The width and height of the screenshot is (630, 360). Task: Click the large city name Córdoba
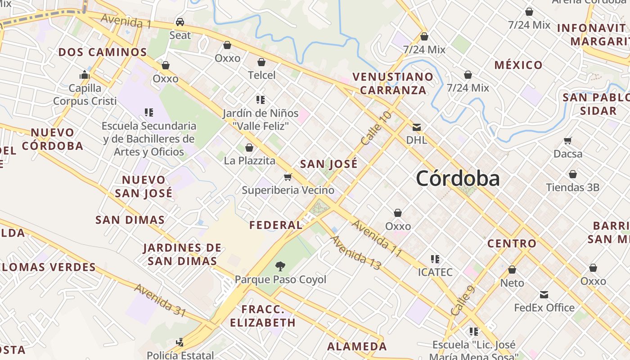[458, 179]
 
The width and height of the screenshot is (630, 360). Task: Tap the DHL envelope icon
[417, 127]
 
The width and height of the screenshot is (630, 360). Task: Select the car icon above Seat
[180, 22]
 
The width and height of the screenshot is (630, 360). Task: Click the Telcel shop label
[261, 75]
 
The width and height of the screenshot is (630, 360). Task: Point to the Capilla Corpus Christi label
[85, 94]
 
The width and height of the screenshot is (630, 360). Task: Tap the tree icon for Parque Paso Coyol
[280, 266]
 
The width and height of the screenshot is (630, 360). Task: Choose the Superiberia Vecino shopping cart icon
[288, 177]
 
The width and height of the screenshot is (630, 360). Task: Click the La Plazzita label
[249, 161]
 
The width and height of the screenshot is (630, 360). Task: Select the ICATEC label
[435, 272]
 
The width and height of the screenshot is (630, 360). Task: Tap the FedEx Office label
[544, 308]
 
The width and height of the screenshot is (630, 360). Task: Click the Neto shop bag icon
[512, 270]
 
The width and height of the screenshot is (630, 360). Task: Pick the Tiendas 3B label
[572, 187]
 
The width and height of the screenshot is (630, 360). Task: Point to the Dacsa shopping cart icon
[568, 141]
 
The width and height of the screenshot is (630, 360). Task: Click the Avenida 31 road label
[160, 300]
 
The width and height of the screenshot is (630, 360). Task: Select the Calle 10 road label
[376, 128]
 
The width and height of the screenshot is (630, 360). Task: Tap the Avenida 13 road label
[355, 252]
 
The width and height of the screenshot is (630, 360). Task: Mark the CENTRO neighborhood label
[512, 244]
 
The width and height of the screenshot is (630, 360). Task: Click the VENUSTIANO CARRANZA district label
[393, 83]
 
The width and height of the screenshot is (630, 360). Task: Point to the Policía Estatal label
[180, 355]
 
